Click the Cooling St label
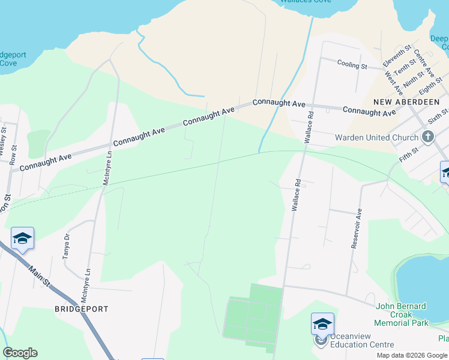tap(352, 64)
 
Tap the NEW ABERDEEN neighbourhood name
tap(406, 102)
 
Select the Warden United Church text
tap(376, 137)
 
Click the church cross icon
tap(428, 137)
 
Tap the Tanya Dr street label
tap(67, 246)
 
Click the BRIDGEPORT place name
tap(82, 309)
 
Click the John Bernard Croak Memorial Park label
tap(402, 314)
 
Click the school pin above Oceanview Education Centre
tap(322, 324)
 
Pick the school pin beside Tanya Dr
tap(22, 238)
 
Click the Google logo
tap(20, 353)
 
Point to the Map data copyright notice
tap(412, 356)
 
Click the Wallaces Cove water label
tap(306, 2)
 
